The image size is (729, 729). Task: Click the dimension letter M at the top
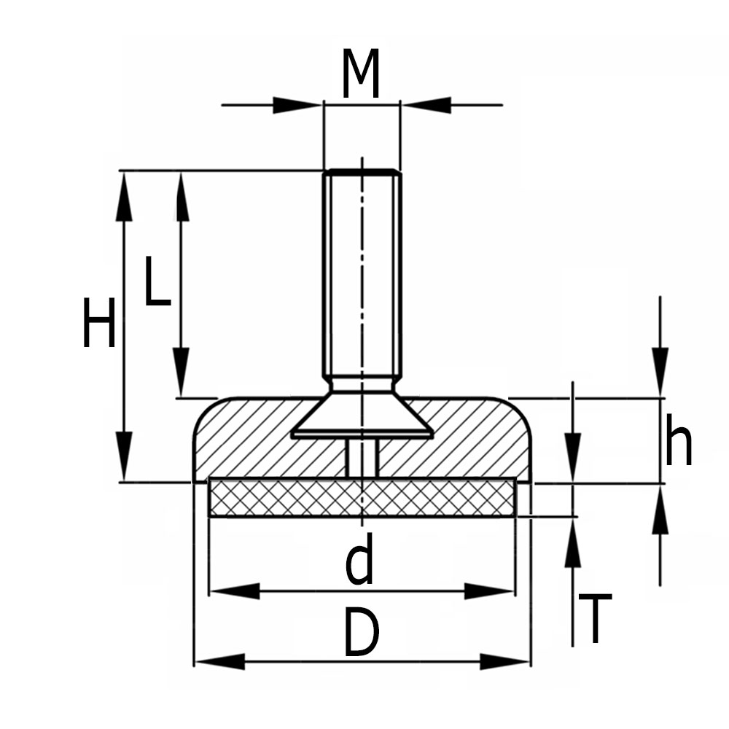click(x=362, y=76)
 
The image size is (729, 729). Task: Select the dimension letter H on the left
click(x=98, y=323)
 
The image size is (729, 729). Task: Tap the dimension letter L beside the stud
click(x=157, y=281)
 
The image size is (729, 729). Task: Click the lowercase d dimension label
click(x=359, y=560)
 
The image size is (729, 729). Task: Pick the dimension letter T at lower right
click(x=596, y=619)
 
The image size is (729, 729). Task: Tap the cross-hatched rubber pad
click(x=362, y=499)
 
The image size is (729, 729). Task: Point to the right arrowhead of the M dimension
click(x=428, y=105)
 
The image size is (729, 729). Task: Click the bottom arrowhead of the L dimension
click(x=182, y=372)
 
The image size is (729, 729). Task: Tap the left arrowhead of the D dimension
click(x=219, y=662)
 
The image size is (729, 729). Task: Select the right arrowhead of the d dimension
click(x=490, y=591)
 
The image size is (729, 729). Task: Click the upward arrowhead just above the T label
click(x=573, y=544)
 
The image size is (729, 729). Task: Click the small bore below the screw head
click(x=362, y=458)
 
